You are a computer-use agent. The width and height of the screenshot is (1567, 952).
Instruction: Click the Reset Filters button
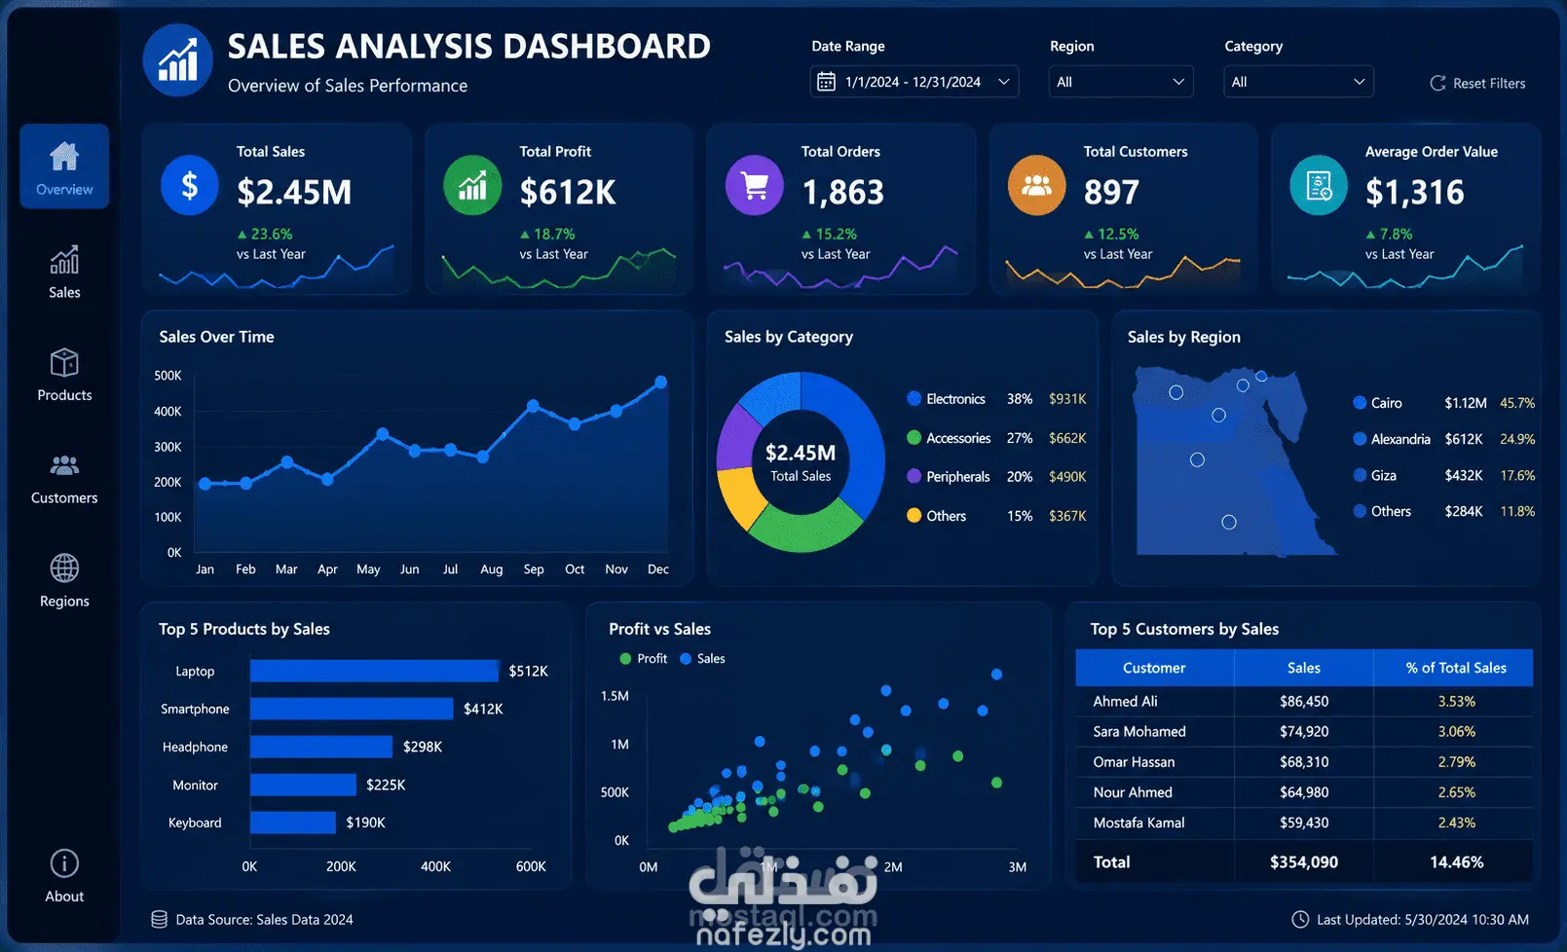pos(1477,83)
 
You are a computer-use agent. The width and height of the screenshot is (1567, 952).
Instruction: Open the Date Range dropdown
pos(914,82)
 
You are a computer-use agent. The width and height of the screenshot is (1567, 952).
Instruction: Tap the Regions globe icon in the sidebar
pos(64,568)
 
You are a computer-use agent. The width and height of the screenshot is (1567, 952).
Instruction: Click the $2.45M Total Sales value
pos(294,192)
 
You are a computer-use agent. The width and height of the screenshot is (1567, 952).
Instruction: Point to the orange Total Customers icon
pos(1036,185)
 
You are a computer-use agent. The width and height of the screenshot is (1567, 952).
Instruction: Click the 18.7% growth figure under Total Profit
pos(547,235)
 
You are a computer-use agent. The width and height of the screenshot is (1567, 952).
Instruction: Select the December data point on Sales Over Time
pos(661,382)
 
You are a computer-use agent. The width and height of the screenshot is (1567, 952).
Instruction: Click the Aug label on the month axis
pos(491,569)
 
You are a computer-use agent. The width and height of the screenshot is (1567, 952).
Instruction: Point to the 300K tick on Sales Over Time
pos(168,447)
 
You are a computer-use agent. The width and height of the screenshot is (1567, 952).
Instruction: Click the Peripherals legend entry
pos(949,477)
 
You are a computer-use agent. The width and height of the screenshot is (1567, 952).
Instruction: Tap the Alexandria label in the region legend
pos(1400,439)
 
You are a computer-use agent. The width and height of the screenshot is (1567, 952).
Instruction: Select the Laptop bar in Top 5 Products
pos(374,671)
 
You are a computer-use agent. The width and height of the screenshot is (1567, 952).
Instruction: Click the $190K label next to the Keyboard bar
pos(365,823)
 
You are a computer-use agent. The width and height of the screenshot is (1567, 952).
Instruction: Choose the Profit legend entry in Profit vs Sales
pos(644,658)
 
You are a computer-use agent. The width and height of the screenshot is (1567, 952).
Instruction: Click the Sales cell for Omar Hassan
pos(1304,762)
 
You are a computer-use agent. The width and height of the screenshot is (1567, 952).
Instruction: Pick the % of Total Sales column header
pos(1456,668)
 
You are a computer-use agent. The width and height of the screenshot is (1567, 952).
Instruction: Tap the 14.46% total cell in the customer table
pos(1457,861)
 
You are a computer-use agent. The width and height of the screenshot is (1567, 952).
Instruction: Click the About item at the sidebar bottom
pos(64,876)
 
